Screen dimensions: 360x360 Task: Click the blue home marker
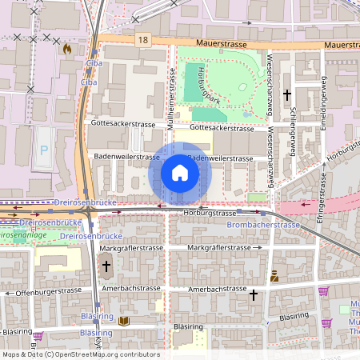click(x=180, y=173)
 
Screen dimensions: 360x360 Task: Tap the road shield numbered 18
click(x=143, y=38)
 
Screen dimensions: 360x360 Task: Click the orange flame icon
click(x=67, y=49)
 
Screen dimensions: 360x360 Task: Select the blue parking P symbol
click(x=44, y=150)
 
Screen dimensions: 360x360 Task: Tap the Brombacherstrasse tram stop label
click(x=263, y=225)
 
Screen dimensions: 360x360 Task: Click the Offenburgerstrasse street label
click(x=44, y=294)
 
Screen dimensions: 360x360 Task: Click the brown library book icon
click(x=122, y=321)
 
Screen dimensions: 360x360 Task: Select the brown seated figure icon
click(x=274, y=276)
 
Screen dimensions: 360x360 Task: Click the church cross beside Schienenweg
click(x=287, y=94)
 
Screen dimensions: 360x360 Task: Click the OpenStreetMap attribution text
click(x=80, y=354)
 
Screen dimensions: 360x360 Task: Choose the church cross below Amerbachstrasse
click(x=254, y=294)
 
